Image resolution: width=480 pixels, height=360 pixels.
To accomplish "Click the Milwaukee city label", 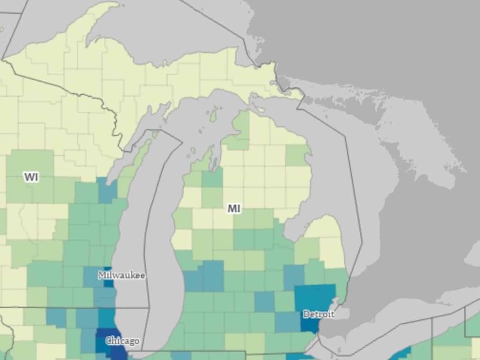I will click(x=122, y=275).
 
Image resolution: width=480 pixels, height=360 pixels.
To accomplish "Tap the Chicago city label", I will click(x=122, y=341).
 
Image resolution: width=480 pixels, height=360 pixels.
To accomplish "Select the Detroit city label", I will click(x=319, y=314).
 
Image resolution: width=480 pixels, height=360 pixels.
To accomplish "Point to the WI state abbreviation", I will click(x=31, y=177).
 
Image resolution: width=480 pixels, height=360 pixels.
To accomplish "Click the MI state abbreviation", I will click(x=234, y=208).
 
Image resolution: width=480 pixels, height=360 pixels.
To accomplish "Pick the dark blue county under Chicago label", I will click(x=112, y=352).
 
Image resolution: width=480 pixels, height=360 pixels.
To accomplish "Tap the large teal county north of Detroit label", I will click(x=315, y=295).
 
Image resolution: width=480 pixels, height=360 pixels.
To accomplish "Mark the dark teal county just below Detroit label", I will click(x=310, y=325).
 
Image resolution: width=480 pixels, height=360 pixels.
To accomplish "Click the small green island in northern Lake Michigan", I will click(x=212, y=113).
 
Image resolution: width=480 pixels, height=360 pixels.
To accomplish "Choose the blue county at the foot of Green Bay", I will click(x=108, y=191).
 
